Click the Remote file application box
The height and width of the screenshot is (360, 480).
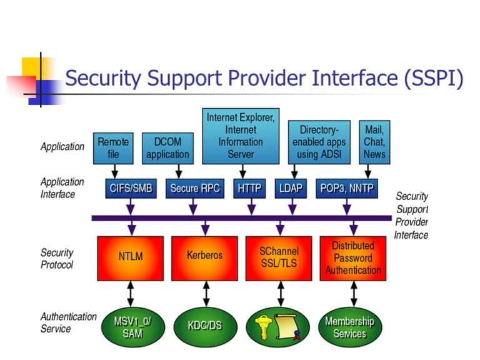click(113, 148)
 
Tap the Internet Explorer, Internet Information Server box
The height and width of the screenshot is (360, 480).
click(241, 136)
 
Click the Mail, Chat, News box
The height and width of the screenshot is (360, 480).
click(374, 142)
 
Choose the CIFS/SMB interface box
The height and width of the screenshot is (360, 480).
click(131, 188)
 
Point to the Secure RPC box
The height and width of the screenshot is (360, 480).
click(195, 188)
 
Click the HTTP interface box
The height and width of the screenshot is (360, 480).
click(250, 188)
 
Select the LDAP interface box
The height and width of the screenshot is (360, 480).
click(291, 188)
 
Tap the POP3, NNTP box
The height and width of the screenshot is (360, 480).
click(348, 188)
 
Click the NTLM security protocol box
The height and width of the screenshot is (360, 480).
click(131, 256)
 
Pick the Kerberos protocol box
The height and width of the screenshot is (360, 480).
click(204, 256)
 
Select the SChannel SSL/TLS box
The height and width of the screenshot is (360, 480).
click(278, 256)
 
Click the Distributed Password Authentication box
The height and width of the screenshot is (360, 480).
click(352, 257)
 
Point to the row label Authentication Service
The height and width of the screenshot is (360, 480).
click(68, 322)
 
